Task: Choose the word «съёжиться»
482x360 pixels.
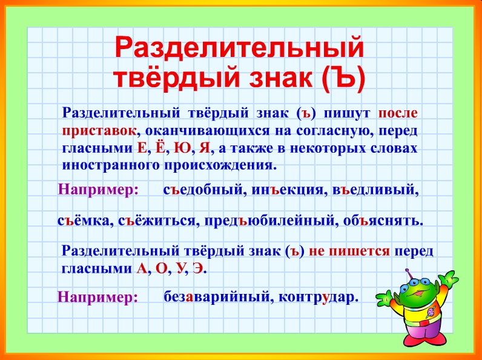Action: point(157,221)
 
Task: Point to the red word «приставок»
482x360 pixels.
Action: point(99,131)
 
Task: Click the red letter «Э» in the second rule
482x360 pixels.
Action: point(198,268)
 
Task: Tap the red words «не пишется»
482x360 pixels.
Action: point(349,252)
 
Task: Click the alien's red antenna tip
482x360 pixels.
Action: point(408,271)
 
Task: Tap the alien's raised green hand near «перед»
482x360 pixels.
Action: point(448,278)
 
